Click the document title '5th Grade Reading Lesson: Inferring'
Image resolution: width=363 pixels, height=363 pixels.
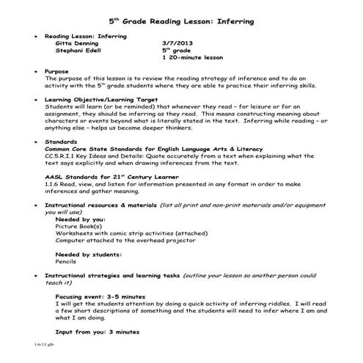pos(181,22)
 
